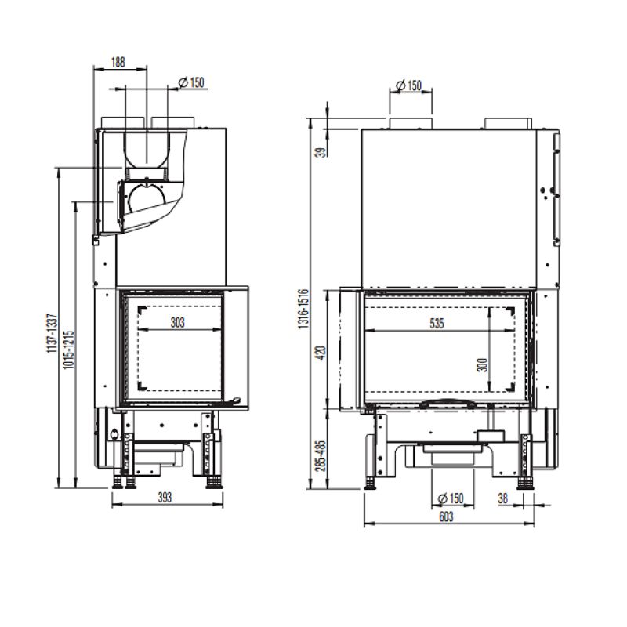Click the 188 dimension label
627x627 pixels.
point(118,63)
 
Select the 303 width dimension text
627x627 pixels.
point(178,322)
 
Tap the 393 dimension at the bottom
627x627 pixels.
point(165,498)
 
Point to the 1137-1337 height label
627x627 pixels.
point(53,333)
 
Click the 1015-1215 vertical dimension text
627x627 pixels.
point(69,350)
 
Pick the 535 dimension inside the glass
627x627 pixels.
point(437,323)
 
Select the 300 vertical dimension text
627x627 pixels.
point(483,365)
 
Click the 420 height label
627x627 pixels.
point(321,353)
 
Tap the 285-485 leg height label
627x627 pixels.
point(321,456)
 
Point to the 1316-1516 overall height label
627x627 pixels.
point(303,309)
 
